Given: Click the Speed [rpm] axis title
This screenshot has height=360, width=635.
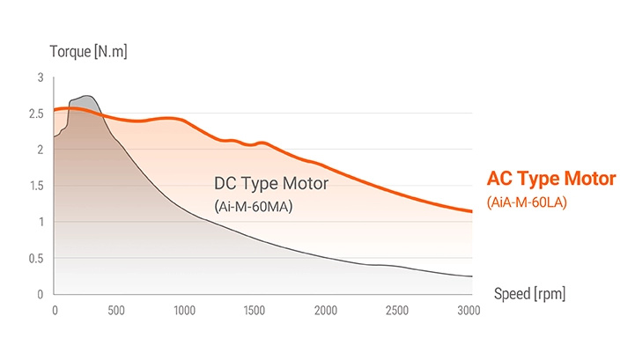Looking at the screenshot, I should [x=529, y=293].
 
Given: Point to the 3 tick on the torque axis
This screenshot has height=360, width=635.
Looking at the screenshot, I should [x=40, y=77].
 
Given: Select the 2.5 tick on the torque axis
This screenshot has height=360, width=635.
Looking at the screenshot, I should [x=35, y=114].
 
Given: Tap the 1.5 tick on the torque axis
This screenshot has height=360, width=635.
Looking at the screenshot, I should [x=35, y=186].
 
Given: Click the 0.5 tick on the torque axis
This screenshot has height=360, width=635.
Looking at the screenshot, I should [x=35, y=258].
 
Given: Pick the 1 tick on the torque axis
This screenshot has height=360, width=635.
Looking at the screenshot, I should [x=40, y=222].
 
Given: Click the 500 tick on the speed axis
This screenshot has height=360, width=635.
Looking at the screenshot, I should [x=116, y=310].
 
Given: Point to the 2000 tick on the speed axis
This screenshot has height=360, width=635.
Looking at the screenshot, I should [x=326, y=310].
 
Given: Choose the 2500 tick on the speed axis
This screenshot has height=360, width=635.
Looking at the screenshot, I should [x=396, y=310].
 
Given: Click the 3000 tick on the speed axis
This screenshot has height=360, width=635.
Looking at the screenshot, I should [x=468, y=310].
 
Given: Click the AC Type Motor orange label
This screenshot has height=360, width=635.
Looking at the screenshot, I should [x=551, y=179].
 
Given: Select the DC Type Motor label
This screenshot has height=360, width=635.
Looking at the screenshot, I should [x=270, y=184].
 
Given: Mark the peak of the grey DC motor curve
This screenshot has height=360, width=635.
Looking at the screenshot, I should [x=85, y=96].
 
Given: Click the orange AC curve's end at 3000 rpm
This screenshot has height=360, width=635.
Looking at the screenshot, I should [x=471, y=211].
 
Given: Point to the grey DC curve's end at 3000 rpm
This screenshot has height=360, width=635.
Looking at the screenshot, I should [x=471, y=276].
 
